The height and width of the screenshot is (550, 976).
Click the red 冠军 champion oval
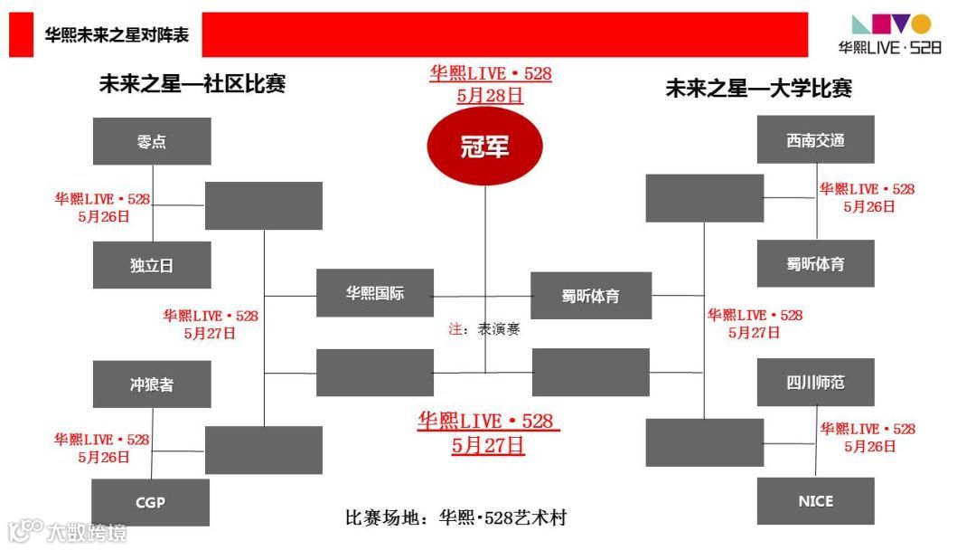tap(484, 146)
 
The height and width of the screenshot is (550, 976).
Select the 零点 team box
tap(152, 141)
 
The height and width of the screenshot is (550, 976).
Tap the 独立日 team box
tap(152, 265)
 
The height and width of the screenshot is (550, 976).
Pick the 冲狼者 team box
tap(152, 384)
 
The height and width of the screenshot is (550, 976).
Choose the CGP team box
tap(151, 502)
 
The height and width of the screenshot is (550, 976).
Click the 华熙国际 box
tap(374, 293)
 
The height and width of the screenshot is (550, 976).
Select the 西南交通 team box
tap(815, 140)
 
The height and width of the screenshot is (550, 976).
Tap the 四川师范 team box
tap(815, 382)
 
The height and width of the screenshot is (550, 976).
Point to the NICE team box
tap(815, 501)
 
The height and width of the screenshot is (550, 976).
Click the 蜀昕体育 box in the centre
tap(591, 296)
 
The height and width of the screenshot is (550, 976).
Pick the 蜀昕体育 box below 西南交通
tap(815, 264)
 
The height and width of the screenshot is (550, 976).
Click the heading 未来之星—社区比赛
tap(192, 84)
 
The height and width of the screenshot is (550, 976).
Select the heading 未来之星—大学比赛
tap(759, 88)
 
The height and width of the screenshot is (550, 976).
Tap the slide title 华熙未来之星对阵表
tap(117, 35)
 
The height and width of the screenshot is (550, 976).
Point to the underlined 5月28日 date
tap(490, 95)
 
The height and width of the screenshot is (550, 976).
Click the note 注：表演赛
tap(484, 329)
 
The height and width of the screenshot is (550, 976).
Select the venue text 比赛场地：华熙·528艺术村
tap(456, 518)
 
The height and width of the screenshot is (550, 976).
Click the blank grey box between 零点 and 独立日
tap(263, 205)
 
